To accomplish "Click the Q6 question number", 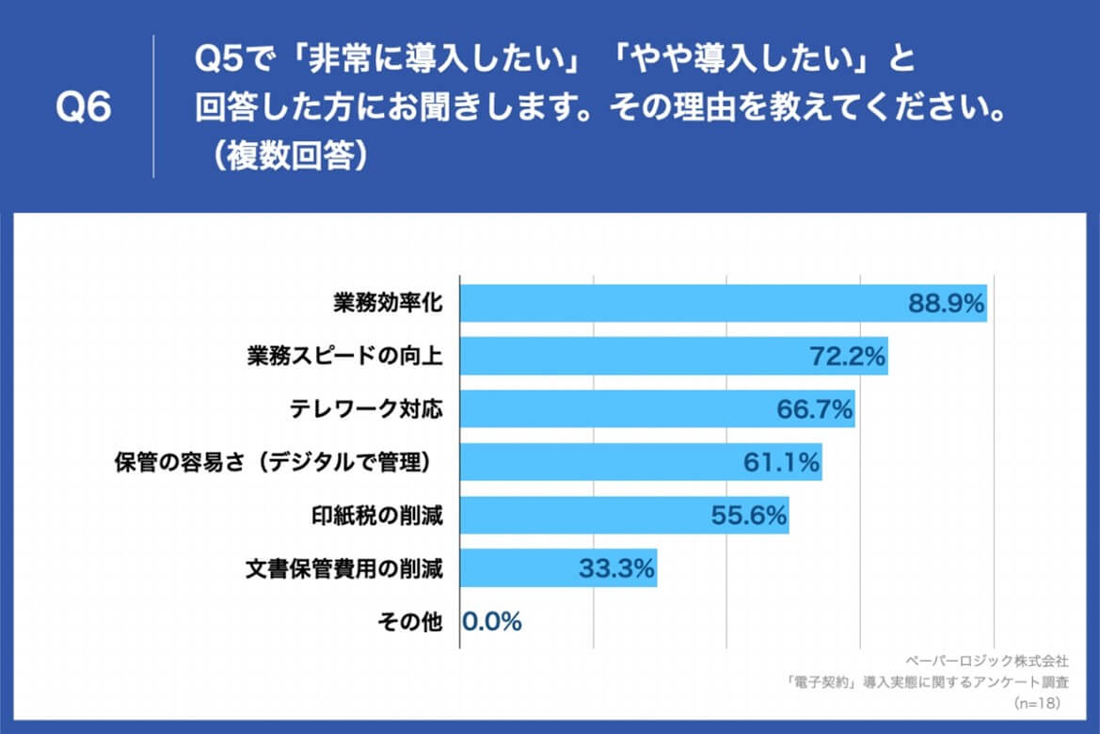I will [x=84, y=108].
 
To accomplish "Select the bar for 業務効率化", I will [x=678, y=303].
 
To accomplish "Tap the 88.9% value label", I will [x=946, y=303].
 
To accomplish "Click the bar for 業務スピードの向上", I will [x=630, y=357].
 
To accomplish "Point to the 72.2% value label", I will [x=848, y=357].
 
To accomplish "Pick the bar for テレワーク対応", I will [x=612, y=409].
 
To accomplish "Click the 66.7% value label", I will [x=815, y=409].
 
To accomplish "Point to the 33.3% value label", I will [x=616, y=568].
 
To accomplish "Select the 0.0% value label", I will [x=492, y=621].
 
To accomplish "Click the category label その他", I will [x=409, y=622].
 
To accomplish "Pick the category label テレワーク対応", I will [x=366, y=409].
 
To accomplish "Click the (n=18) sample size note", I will [x=1042, y=703].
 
